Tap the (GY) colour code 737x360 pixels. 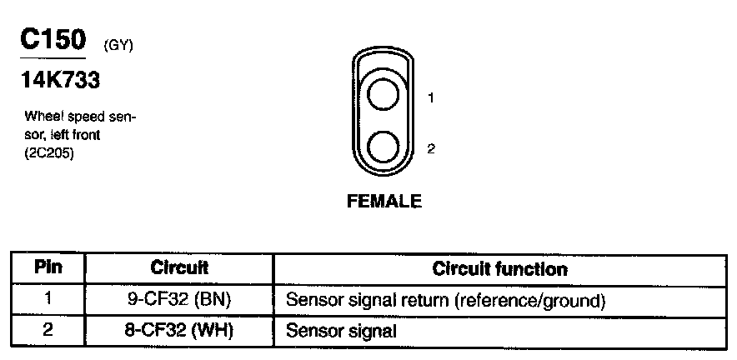pyautogui.click(x=118, y=45)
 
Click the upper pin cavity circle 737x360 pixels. pyautogui.click(x=384, y=95)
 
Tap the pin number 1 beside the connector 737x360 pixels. pyautogui.click(x=431, y=98)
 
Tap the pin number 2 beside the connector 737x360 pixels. pyautogui.click(x=431, y=149)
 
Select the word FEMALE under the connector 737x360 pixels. pyautogui.click(x=384, y=201)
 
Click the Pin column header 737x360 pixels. pyautogui.click(x=48, y=268)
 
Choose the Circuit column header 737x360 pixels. pyautogui.click(x=179, y=268)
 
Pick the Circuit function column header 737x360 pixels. pyautogui.click(x=500, y=268)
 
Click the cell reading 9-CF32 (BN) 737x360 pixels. pyautogui.click(x=179, y=299)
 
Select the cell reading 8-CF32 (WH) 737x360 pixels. pyautogui.click(x=179, y=330)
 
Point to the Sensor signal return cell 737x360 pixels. pyautogui.click(x=444, y=299)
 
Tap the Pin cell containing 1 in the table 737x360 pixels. pyautogui.click(x=48, y=299)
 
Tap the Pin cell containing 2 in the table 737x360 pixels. pyautogui.click(x=48, y=330)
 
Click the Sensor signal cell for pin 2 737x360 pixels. pyautogui.click(x=340, y=330)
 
